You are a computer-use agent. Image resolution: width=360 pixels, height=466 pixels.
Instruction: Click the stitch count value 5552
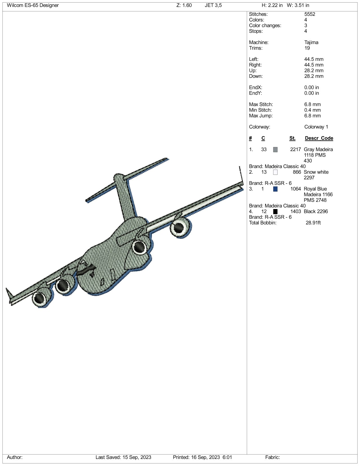click(x=310, y=14)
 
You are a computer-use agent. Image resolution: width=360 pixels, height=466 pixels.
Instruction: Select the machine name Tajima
click(x=311, y=42)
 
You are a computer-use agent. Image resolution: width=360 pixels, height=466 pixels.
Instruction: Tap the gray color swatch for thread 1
click(x=275, y=149)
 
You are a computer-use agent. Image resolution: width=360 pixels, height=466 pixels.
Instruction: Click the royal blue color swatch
click(x=275, y=189)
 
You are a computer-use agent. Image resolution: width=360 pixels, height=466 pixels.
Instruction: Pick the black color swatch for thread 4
click(x=275, y=212)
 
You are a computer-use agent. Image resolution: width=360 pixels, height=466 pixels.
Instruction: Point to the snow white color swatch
click(x=275, y=172)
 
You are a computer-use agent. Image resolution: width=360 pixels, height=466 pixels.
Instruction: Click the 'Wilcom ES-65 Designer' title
click(x=33, y=5)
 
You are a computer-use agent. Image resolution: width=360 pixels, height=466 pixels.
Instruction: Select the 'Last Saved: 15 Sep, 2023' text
click(x=123, y=457)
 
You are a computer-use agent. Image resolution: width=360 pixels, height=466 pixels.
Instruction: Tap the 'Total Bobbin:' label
click(x=263, y=223)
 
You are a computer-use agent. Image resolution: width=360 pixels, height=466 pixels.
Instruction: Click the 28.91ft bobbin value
click(x=313, y=223)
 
